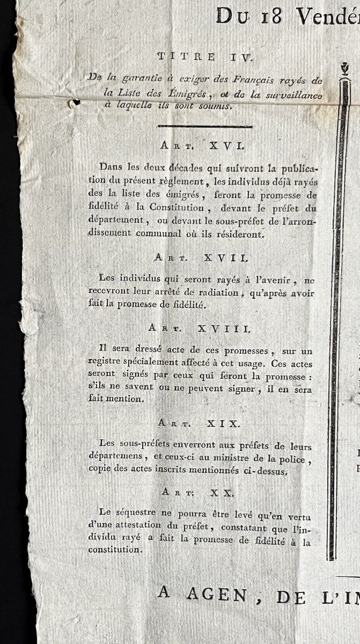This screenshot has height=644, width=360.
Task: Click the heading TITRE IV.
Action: pyautogui.click(x=194, y=56)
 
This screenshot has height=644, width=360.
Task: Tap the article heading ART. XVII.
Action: pyautogui.click(x=201, y=258)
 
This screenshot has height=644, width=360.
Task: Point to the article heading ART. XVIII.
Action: pyautogui.click(x=200, y=328)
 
